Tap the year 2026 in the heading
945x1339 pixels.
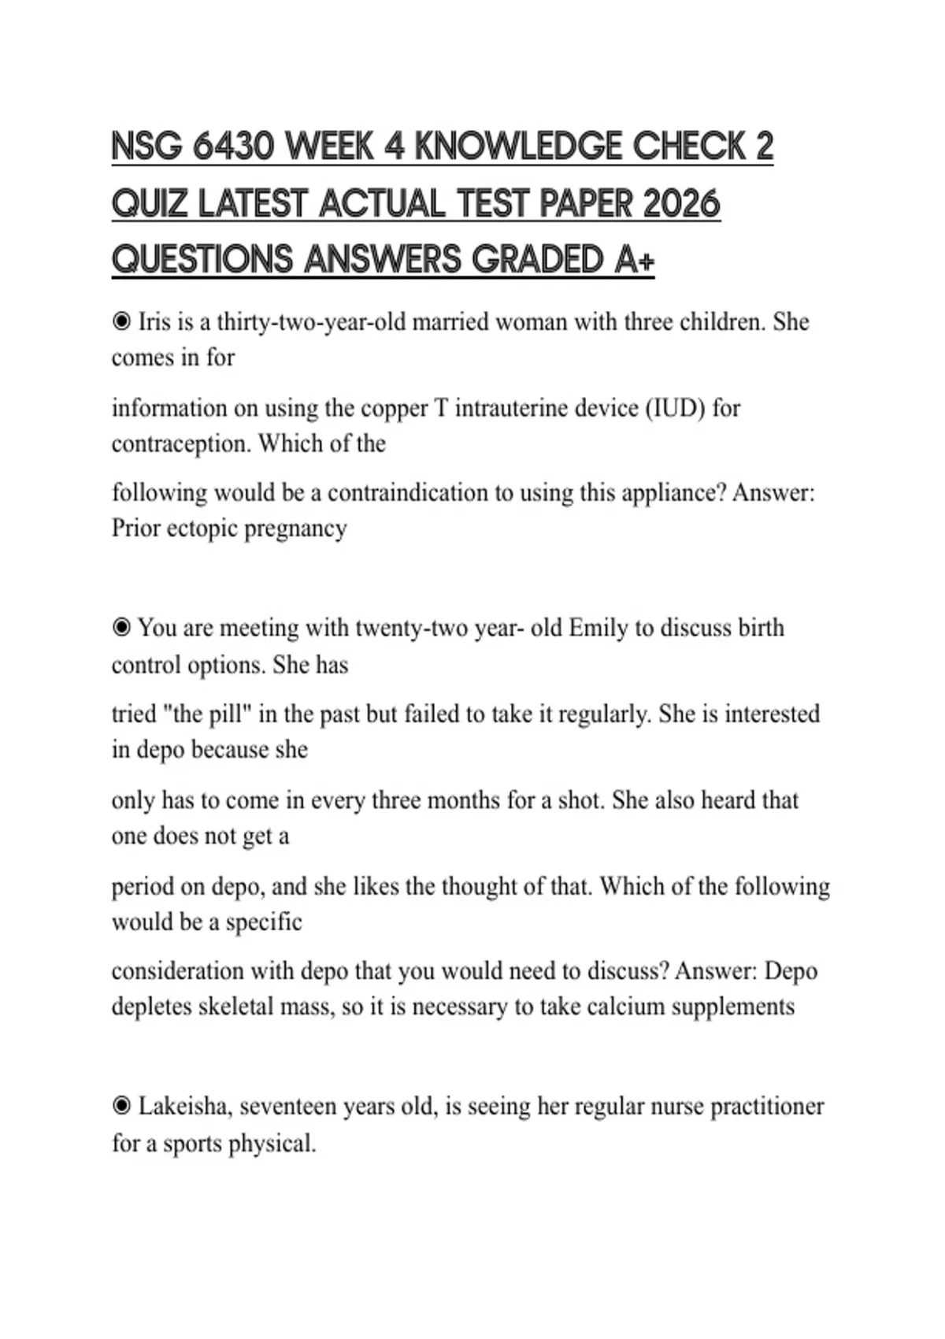pyautogui.click(x=681, y=204)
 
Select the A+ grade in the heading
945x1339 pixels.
pyautogui.click(x=633, y=260)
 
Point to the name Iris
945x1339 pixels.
pyautogui.click(x=154, y=322)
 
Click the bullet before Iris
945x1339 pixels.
pyautogui.click(x=121, y=321)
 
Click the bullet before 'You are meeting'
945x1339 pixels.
pyautogui.click(x=121, y=628)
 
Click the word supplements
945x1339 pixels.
pyautogui.click(x=732, y=1007)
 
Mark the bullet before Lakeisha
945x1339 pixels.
pyautogui.click(x=121, y=1106)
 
